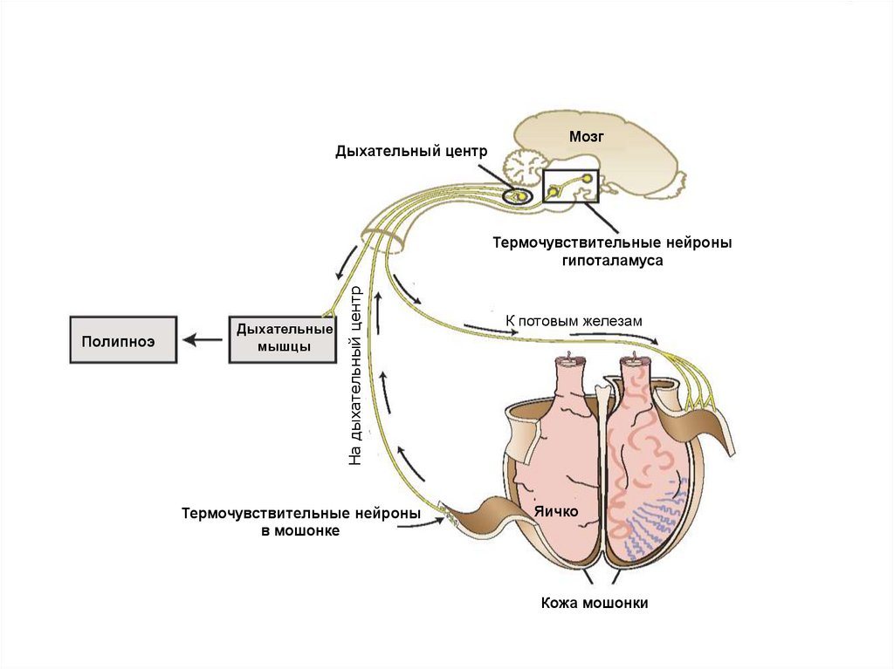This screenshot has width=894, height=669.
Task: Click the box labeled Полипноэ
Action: click(x=123, y=339)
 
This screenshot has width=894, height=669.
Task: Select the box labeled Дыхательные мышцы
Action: click(x=284, y=339)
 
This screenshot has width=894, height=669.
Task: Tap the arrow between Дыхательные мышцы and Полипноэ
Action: click(x=203, y=340)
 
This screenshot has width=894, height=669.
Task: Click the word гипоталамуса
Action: click(x=611, y=260)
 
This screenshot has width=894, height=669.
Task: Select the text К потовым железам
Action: click(x=574, y=321)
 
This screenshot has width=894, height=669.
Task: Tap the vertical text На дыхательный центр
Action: click(x=354, y=375)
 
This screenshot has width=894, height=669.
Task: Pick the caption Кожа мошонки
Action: click(x=594, y=603)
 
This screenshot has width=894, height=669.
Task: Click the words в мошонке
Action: click(x=300, y=530)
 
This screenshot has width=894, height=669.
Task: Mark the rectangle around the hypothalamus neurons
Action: click(x=570, y=185)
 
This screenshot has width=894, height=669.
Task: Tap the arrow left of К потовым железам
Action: click(x=481, y=329)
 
